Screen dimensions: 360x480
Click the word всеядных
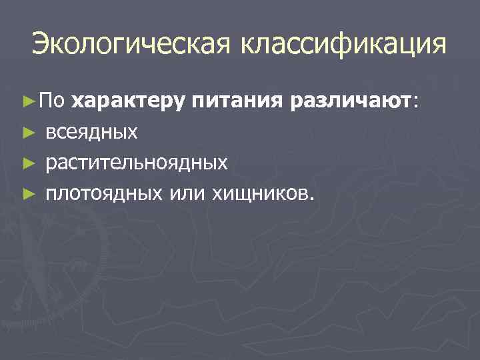92,132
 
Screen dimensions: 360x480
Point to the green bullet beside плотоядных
27,194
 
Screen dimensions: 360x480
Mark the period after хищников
309,199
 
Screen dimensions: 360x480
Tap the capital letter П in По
45,101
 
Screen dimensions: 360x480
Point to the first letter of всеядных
51,133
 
